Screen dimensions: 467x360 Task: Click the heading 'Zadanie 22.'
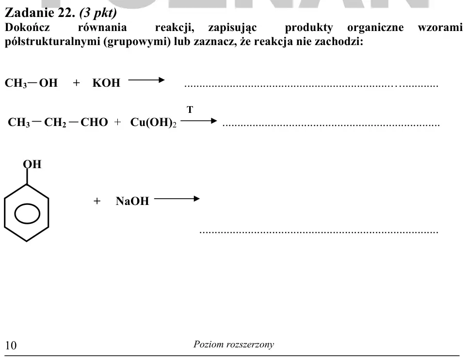click(x=40, y=13)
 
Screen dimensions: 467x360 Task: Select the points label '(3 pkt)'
click(x=98, y=13)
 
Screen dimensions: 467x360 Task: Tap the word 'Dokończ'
click(x=27, y=27)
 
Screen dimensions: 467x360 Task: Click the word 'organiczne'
click(x=375, y=28)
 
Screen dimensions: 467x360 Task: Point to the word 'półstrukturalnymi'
click(x=52, y=42)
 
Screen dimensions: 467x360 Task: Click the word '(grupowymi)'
click(x=137, y=42)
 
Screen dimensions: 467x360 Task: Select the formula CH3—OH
click(x=31, y=83)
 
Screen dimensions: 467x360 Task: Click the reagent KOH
click(x=106, y=83)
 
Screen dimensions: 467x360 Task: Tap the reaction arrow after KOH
click(x=146, y=80)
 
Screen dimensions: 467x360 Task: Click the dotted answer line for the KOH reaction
click(x=311, y=86)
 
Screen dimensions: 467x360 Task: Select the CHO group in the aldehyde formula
click(x=94, y=122)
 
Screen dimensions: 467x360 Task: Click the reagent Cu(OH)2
click(x=153, y=122)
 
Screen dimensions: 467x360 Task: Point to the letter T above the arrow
click(x=190, y=110)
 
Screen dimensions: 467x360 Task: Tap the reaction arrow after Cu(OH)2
click(x=199, y=121)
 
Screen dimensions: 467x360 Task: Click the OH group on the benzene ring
click(x=32, y=164)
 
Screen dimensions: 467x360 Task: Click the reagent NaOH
click(x=132, y=201)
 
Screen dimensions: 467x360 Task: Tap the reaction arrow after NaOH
click(x=177, y=199)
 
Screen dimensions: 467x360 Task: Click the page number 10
click(x=11, y=345)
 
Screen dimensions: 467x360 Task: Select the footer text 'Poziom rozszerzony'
click(x=234, y=344)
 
